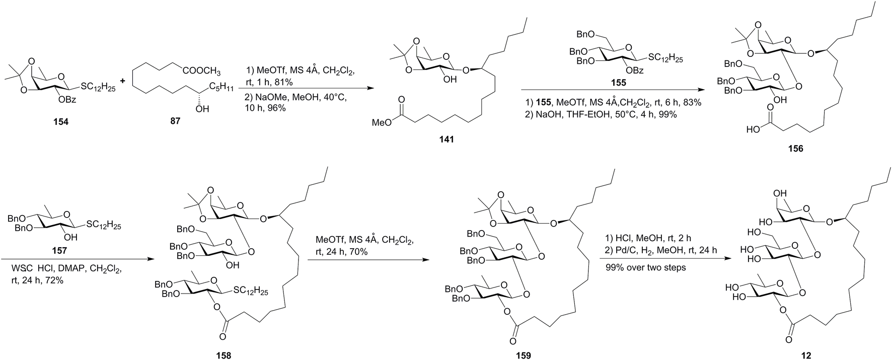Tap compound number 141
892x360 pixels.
pyautogui.click(x=447, y=139)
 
